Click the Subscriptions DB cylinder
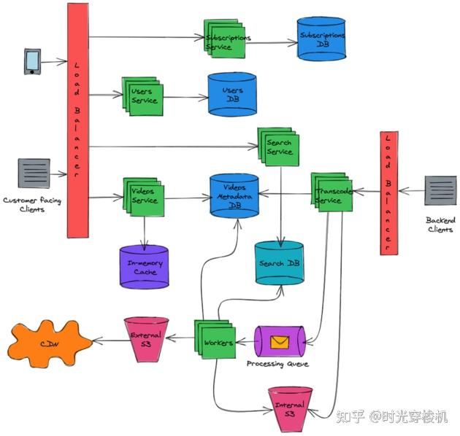(x=322, y=40)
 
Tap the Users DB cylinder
(x=231, y=94)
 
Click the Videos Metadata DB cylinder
(x=234, y=195)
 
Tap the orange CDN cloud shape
(x=50, y=343)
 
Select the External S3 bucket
(x=146, y=340)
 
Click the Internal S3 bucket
(x=290, y=408)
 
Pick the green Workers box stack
(x=216, y=340)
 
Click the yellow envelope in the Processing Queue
(x=278, y=341)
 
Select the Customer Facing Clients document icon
(x=34, y=174)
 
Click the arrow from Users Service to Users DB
(x=185, y=97)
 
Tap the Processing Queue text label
(x=277, y=363)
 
